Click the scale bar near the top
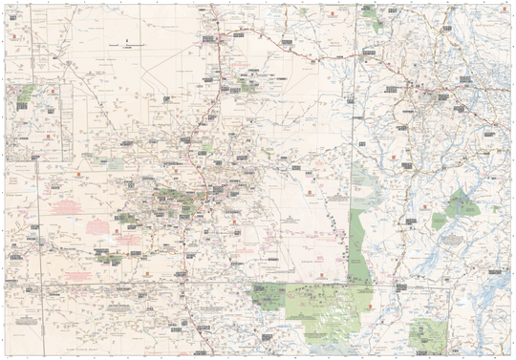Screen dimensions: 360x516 coord(126,45)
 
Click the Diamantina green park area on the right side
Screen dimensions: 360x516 coord(464,202)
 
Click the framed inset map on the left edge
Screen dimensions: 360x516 coord(33,119)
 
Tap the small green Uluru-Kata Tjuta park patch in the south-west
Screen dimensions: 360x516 coord(107,255)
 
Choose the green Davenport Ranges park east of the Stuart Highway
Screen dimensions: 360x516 coord(250,84)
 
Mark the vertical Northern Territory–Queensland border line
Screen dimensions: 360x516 coord(356,143)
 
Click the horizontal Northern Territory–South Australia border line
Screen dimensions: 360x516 coord(191,285)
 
